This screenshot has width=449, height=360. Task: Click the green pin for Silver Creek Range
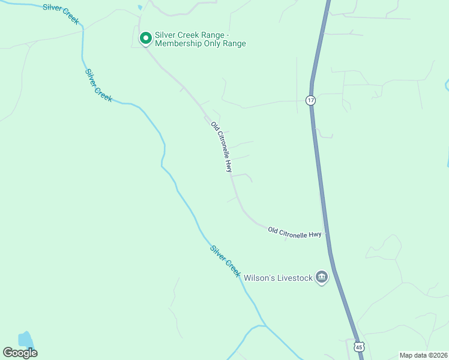tap(145, 38)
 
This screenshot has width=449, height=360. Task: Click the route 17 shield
tap(310, 100)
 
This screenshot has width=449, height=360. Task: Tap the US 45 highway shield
tap(359, 347)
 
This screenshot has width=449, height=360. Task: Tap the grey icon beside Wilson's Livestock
tap(322, 277)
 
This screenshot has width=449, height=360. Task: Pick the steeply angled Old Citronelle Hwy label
tap(221, 147)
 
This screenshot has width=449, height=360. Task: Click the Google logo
tap(20, 353)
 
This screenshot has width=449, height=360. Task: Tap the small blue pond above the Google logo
tap(25, 339)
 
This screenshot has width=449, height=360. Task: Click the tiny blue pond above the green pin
tap(140, 8)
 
